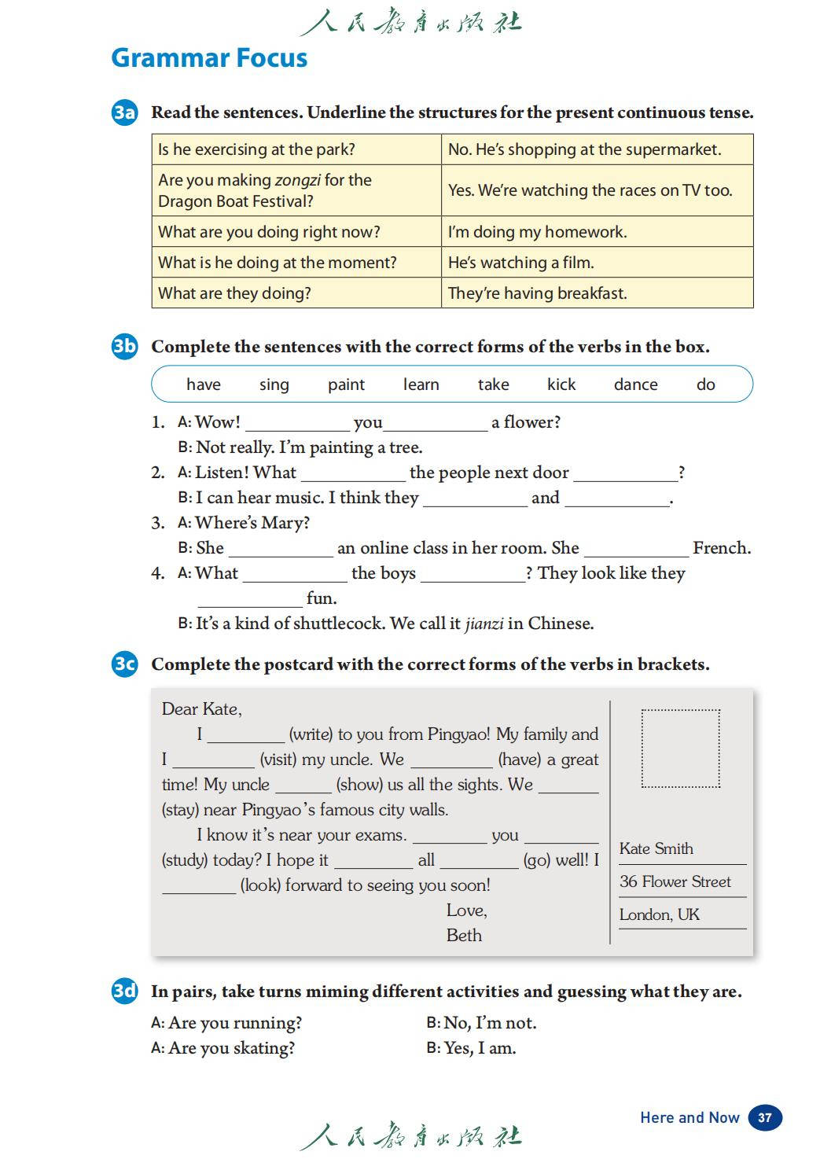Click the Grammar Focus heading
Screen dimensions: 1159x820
pos(209,58)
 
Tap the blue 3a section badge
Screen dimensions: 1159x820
pos(124,112)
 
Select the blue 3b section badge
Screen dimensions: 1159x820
pos(124,346)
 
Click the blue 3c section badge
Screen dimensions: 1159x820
pos(124,664)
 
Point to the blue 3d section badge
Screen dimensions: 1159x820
pos(124,991)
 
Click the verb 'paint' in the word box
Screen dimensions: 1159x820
pos(346,384)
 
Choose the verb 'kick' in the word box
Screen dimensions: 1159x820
pos(561,384)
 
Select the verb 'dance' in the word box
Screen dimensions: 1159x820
pos(635,384)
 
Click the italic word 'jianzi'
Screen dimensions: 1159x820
pos(484,624)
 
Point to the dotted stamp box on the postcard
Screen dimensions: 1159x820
pos(680,749)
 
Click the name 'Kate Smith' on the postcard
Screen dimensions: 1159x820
pos(656,848)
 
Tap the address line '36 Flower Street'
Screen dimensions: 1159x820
pos(675,881)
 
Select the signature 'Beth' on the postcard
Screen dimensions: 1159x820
pos(464,935)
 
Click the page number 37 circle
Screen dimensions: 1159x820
pos(764,1117)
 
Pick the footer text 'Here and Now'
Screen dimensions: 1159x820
pos(689,1117)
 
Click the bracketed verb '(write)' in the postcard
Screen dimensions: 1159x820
pos(311,734)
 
